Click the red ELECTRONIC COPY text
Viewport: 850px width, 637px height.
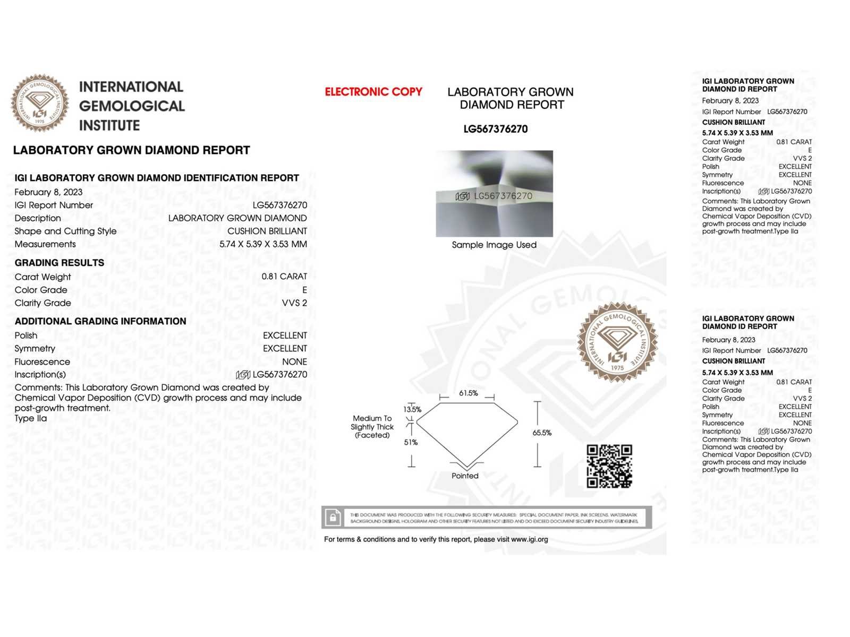(373, 92)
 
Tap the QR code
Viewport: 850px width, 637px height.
(609, 466)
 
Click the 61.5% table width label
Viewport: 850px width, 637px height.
(468, 393)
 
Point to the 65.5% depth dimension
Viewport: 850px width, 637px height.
(542, 433)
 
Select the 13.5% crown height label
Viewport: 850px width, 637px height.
(412, 409)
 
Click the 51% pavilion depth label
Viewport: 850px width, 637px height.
(411, 442)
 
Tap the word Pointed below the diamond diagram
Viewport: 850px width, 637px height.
(465, 476)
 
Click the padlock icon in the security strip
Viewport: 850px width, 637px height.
(333, 518)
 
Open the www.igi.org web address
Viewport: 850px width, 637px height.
(529, 539)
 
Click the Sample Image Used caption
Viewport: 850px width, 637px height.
(494, 245)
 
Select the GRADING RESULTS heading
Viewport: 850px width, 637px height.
(59, 263)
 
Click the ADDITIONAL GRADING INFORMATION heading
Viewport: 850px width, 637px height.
(100, 321)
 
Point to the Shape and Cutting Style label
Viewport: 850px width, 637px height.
(65, 231)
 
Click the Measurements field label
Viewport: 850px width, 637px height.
(45, 244)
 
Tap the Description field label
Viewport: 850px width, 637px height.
(38, 218)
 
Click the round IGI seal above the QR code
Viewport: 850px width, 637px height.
(617, 342)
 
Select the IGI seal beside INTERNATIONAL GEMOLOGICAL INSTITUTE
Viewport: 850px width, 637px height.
(40, 103)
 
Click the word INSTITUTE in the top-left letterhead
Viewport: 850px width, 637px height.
(109, 126)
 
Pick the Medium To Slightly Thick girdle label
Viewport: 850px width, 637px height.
(372, 427)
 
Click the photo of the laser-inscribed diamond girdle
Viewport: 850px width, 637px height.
(494, 194)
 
